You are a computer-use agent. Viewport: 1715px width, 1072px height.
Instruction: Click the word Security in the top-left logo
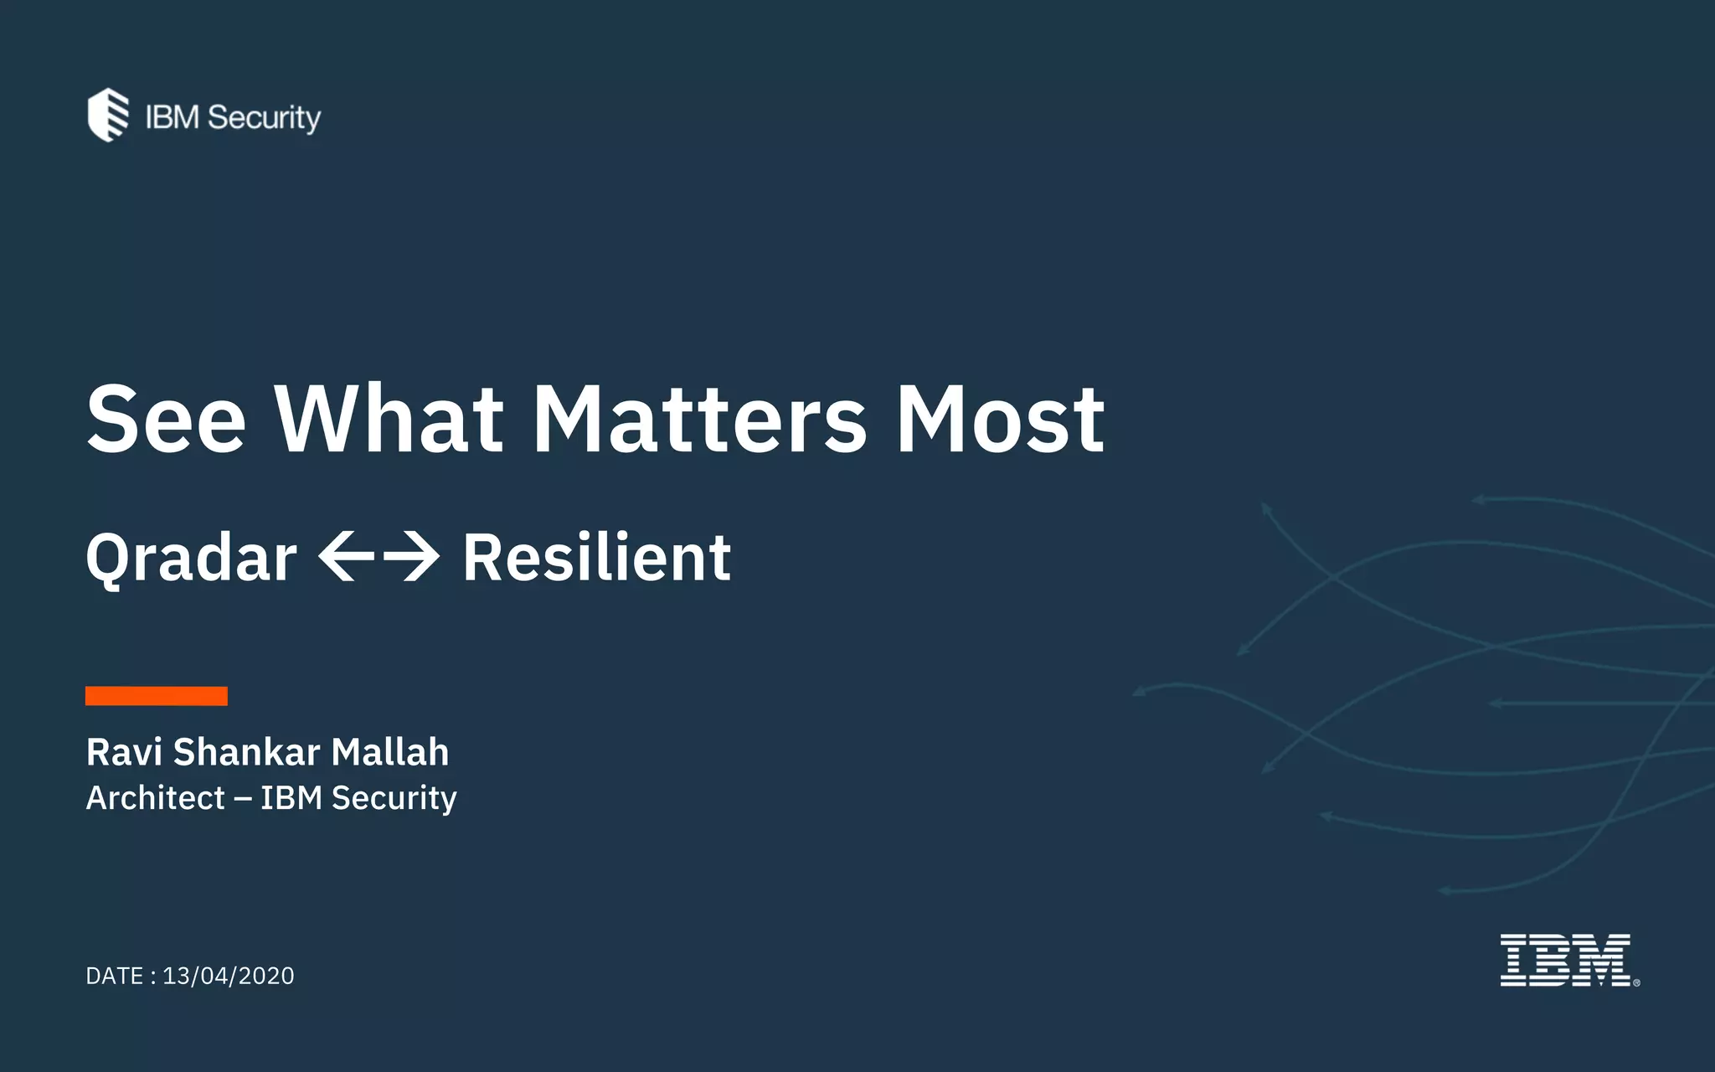tap(264, 118)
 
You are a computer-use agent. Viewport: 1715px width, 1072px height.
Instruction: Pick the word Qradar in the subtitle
tap(191, 558)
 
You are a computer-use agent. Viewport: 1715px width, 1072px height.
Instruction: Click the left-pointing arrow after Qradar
tap(347, 556)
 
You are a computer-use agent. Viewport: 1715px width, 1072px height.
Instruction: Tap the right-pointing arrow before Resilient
tap(411, 556)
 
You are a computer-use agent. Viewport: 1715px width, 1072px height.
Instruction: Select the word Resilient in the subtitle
tap(597, 558)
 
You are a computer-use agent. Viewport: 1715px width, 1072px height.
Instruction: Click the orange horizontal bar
tap(157, 696)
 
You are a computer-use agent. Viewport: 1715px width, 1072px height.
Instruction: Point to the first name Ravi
tap(124, 752)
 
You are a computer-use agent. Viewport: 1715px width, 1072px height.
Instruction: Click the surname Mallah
tap(389, 752)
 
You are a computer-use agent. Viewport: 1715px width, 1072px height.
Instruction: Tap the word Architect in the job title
tap(156, 798)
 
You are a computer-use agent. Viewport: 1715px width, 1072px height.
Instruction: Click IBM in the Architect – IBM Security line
tap(291, 798)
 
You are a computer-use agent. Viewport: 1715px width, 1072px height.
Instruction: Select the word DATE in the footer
tap(115, 977)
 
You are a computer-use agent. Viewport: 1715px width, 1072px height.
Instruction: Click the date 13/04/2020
tap(229, 977)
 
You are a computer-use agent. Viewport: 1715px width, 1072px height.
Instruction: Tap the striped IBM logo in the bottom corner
tap(1564, 961)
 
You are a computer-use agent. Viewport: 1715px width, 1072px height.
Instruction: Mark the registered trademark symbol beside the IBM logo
tap(1636, 983)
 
